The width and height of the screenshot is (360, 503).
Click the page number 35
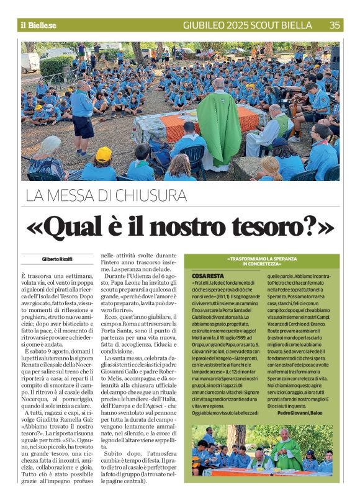point(335,25)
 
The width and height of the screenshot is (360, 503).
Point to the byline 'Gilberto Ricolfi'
point(57,259)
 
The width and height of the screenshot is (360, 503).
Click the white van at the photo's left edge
point(29,62)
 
